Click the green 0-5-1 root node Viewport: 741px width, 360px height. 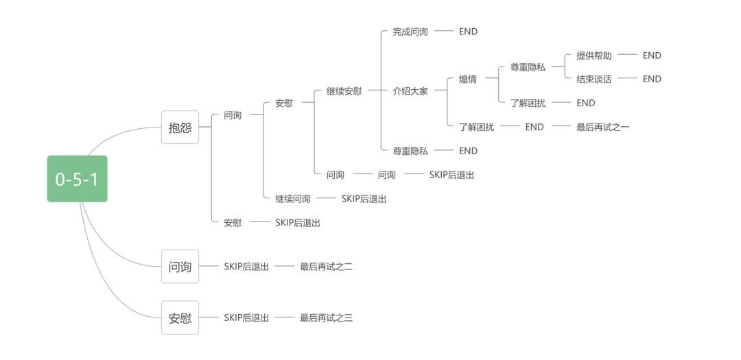coord(77,179)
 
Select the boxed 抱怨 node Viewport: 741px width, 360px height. coord(180,127)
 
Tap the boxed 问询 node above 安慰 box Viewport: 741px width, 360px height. coord(180,267)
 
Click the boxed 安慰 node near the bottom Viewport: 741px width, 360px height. coord(180,318)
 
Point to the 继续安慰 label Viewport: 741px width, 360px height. coord(344,91)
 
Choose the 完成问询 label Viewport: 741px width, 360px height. coord(410,32)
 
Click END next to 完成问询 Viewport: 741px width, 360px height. coord(468,32)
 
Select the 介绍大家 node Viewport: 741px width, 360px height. coord(410,91)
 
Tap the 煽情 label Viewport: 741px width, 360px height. coord(468,79)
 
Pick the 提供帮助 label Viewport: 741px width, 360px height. coord(594,56)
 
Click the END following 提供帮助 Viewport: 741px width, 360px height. coord(652,56)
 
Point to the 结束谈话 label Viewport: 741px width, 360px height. coord(594,79)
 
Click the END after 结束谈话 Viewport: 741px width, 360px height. coord(652,79)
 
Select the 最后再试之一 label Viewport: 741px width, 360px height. coord(602,127)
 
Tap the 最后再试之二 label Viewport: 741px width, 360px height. coord(326,267)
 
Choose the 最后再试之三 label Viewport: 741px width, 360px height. coord(326,318)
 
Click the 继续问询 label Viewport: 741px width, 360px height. coord(293,199)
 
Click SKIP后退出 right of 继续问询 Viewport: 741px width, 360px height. coord(364,199)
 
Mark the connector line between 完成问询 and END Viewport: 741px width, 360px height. coord(444,32)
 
